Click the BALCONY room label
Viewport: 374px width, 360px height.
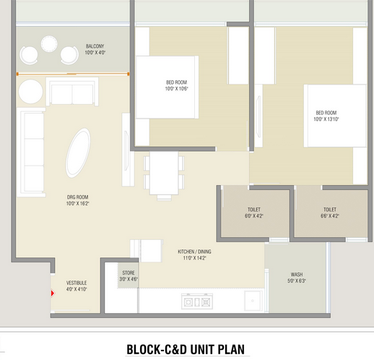(x=95, y=46)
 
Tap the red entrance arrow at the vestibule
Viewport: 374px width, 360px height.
(x=53, y=293)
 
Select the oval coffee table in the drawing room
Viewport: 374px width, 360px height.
(x=78, y=153)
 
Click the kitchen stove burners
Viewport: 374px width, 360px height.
(x=197, y=301)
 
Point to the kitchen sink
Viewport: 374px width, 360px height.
(x=253, y=301)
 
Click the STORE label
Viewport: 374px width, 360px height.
(x=129, y=273)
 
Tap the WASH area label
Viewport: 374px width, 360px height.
(x=297, y=275)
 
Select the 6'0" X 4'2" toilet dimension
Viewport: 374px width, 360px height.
(x=254, y=216)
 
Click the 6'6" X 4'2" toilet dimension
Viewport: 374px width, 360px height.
(x=330, y=216)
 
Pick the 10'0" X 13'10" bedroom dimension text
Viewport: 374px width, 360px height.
(x=326, y=119)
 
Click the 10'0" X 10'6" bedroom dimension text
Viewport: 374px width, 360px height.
(x=176, y=89)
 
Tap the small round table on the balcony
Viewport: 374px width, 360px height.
(x=49, y=44)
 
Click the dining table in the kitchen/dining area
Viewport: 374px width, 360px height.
(x=164, y=173)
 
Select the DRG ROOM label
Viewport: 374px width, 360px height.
(x=77, y=197)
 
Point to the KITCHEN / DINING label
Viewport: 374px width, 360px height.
(x=194, y=252)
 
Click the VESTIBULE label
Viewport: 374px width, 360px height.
(x=77, y=283)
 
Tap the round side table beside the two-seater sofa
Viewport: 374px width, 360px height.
(x=30, y=92)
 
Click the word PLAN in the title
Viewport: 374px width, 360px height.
(x=231, y=349)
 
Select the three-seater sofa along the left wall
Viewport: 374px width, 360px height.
(x=31, y=153)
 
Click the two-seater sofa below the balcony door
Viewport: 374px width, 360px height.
(x=72, y=91)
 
